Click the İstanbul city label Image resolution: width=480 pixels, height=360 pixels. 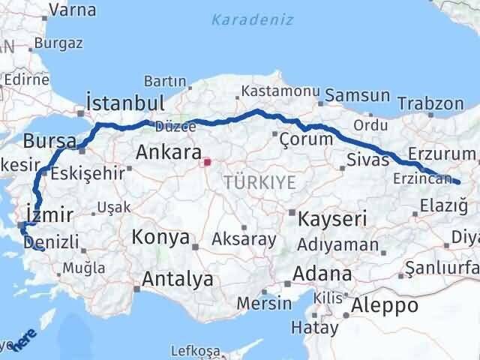pyautogui.click(x=124, y=103)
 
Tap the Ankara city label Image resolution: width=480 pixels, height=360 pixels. pyautogui.click(x=168, y=154)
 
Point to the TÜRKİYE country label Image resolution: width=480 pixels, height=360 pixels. pyautogui.click(x=259, y=181)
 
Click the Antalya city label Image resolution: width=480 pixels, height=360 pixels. pyautogui.click(x=177, y=280)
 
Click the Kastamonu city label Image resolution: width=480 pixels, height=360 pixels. pyautogui.click(x=271, y=91)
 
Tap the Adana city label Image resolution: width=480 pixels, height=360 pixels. pyautogui.click(x=322, y=273)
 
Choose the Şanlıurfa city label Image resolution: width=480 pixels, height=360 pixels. pyautogui.click(x=442, y=268)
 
